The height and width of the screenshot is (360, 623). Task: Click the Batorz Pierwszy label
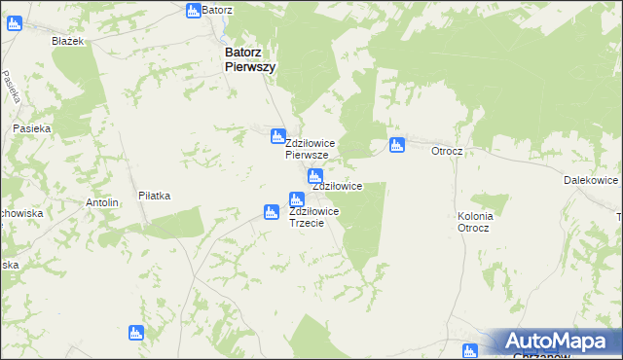(x=250, y=59)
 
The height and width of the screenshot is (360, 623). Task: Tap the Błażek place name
(x=70, y=41)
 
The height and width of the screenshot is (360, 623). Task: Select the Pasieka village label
(x=31, y=127)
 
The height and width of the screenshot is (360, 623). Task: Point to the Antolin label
(x=102, y=202)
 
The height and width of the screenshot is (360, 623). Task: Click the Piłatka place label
(x=154, y=196)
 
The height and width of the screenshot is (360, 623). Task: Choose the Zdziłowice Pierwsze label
(x=311, y=149)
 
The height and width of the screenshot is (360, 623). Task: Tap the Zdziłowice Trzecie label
(x=314, y=216)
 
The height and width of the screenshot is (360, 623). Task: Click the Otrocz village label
(x=446, y=152)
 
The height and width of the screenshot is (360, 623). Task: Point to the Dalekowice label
(x=591, y=181)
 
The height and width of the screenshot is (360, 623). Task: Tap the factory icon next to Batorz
(x=193, y=10)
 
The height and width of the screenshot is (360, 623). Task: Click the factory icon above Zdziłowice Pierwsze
(x=277, y=135)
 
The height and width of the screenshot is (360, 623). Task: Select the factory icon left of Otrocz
(x=396, y=146)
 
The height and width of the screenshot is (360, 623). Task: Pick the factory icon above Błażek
(x=14, y=22)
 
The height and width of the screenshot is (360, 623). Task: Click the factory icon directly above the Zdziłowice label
(x=314, y=176)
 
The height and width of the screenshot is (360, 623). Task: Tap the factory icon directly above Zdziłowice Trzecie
(x=295, y=199)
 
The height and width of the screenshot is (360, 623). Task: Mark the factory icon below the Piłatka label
(x=136, y=333)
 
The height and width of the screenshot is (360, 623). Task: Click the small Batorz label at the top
(x=218, y=10)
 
